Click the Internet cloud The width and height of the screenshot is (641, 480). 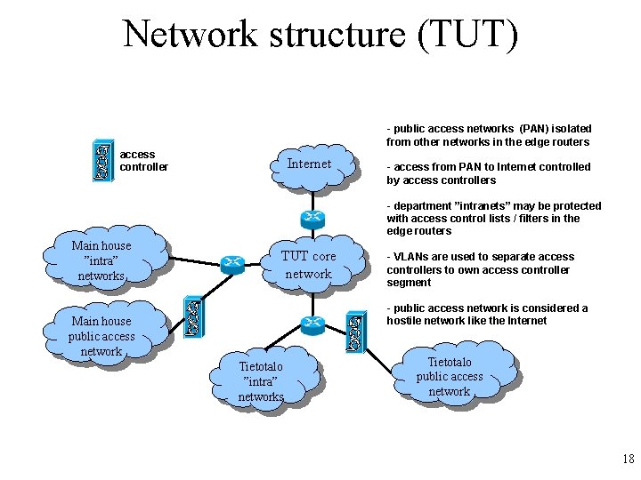click(x=310, y=165)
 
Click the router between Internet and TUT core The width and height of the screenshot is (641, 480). click(x=311, y=218)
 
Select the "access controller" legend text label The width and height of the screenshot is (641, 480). click(x=143, y=161)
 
